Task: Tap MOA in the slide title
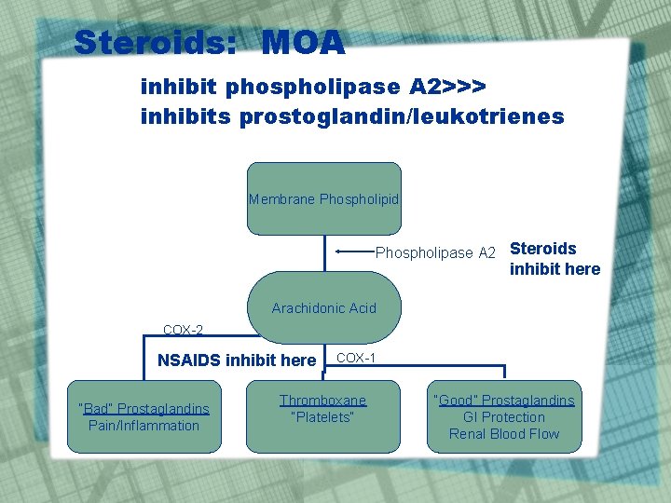point(303,42)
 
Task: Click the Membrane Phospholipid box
point(323,199)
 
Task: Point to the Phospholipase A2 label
point(435,253)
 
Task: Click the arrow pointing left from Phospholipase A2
point(354,251)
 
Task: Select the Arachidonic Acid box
point(323,308)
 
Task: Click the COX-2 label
point(183,330)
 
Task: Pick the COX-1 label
point(356,358)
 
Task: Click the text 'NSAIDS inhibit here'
point(237,360)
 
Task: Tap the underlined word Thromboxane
point(322,401)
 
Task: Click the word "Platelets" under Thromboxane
point(322,417)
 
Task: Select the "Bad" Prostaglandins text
point(144,409)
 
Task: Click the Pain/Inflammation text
point(144,426)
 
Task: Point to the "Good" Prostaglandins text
point(504,401)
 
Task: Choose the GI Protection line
point(504,417)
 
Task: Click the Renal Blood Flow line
point(504,434)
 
